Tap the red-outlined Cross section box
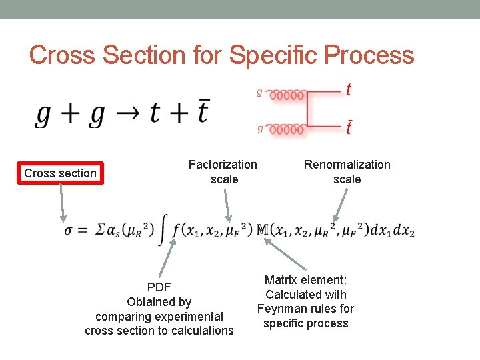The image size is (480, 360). (61, 173)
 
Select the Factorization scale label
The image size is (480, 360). (223, 171)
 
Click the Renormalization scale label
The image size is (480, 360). (347, 171)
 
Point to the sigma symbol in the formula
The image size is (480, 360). (69, 231)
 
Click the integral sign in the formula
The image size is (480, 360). (163, 231)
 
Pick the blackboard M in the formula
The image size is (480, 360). (263, 230)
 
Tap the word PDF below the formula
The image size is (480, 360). (159, 287)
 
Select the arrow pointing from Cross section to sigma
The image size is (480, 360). (62, 203)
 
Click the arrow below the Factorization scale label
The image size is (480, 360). (227, 204)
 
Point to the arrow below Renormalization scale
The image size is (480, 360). (340, 204)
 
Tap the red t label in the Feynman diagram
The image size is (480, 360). (349, 89)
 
